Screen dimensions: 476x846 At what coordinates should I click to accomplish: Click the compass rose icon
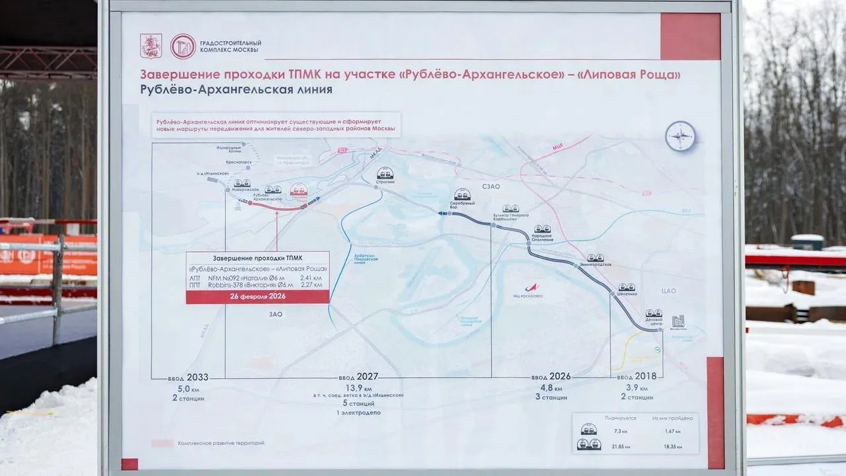[680, 136]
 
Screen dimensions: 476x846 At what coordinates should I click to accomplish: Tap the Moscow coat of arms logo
[151, 46]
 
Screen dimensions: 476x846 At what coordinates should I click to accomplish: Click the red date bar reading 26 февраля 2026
[258, 297]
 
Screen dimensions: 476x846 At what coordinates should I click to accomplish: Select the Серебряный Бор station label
[463, 206]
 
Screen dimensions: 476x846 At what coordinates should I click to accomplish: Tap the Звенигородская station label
[595, 264]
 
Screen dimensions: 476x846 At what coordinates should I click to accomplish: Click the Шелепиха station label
[627, 294]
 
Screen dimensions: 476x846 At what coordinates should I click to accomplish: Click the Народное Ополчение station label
[541, 237]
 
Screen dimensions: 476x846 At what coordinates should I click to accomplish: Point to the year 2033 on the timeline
[198, 377]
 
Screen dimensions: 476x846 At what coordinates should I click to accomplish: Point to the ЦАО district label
[669, 289]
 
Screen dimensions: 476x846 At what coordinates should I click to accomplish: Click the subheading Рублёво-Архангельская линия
[236, 89]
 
